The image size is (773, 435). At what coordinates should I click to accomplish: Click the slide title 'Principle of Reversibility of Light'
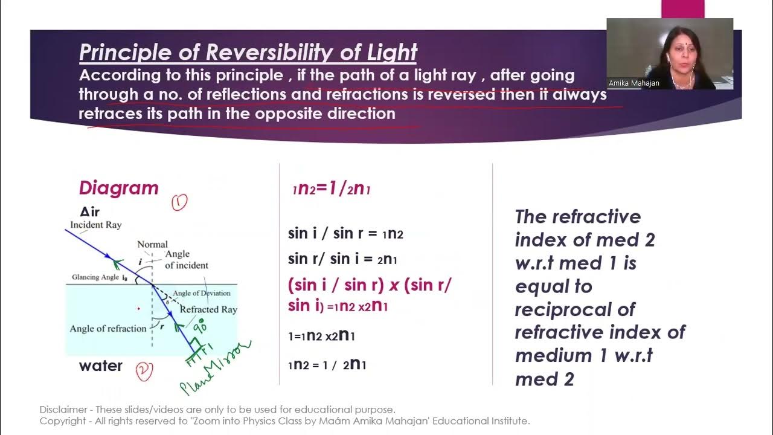pyautogui.click(x=248, y=53)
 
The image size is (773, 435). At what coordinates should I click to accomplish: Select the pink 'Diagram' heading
pyautogui.click(x=118, y=188)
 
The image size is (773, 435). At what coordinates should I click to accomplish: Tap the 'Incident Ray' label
pyautogui.click(x=95, y=225)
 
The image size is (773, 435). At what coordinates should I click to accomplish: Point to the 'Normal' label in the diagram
pyautogui.click(x=152, y=244)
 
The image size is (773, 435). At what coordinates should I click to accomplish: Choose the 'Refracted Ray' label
pyautogui.click(x=208, y=309)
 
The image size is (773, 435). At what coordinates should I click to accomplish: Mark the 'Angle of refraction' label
pyautogui.click(x=108, y=329)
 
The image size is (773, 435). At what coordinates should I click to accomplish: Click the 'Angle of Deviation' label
pyautogui.click(x=202, y=293)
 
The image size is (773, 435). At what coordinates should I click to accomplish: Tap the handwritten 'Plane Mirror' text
pyautogui.click(x=215, y=367)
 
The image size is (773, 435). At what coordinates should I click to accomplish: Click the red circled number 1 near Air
pyautogui.click(x=179, y=203)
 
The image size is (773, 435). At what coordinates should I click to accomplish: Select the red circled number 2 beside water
pyautogui.click(x=144, y=371)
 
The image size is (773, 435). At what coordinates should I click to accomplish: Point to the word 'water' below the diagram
pyautogui.click(x=100, y=366)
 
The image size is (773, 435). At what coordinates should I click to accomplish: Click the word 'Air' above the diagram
pyautogui.click(x=89, y=211)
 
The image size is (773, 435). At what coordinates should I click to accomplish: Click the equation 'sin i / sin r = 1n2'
pyautogui.click(x=345, y=234)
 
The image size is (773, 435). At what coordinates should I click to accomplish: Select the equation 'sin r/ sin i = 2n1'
pyautogui.click(x=342, y=259)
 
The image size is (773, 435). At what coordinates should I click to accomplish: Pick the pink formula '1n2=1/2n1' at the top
pyautogui.click(x=331, y=188)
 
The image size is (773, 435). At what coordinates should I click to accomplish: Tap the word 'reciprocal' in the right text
pyautogui.click(x=566, y=309)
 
